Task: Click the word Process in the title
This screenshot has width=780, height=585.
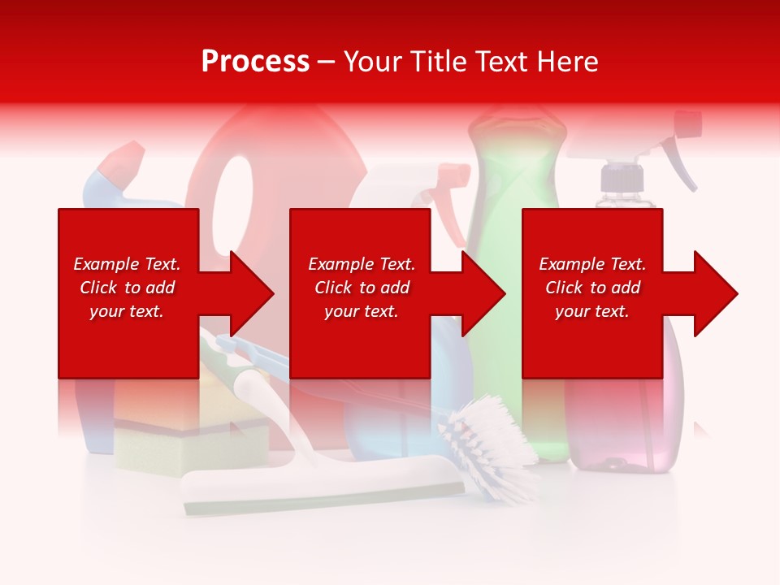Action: pyautogui.click(x=255, y=62)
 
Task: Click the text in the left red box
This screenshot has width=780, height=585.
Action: pyautogui.click(x=127, y=288)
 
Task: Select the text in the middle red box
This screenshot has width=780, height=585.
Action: pyautogui.click(x=361, y=288)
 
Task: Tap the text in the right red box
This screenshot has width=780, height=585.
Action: pyautogui.click(x=592, y=288)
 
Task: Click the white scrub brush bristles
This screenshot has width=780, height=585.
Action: pyautogui.click(x=487, y=443)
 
